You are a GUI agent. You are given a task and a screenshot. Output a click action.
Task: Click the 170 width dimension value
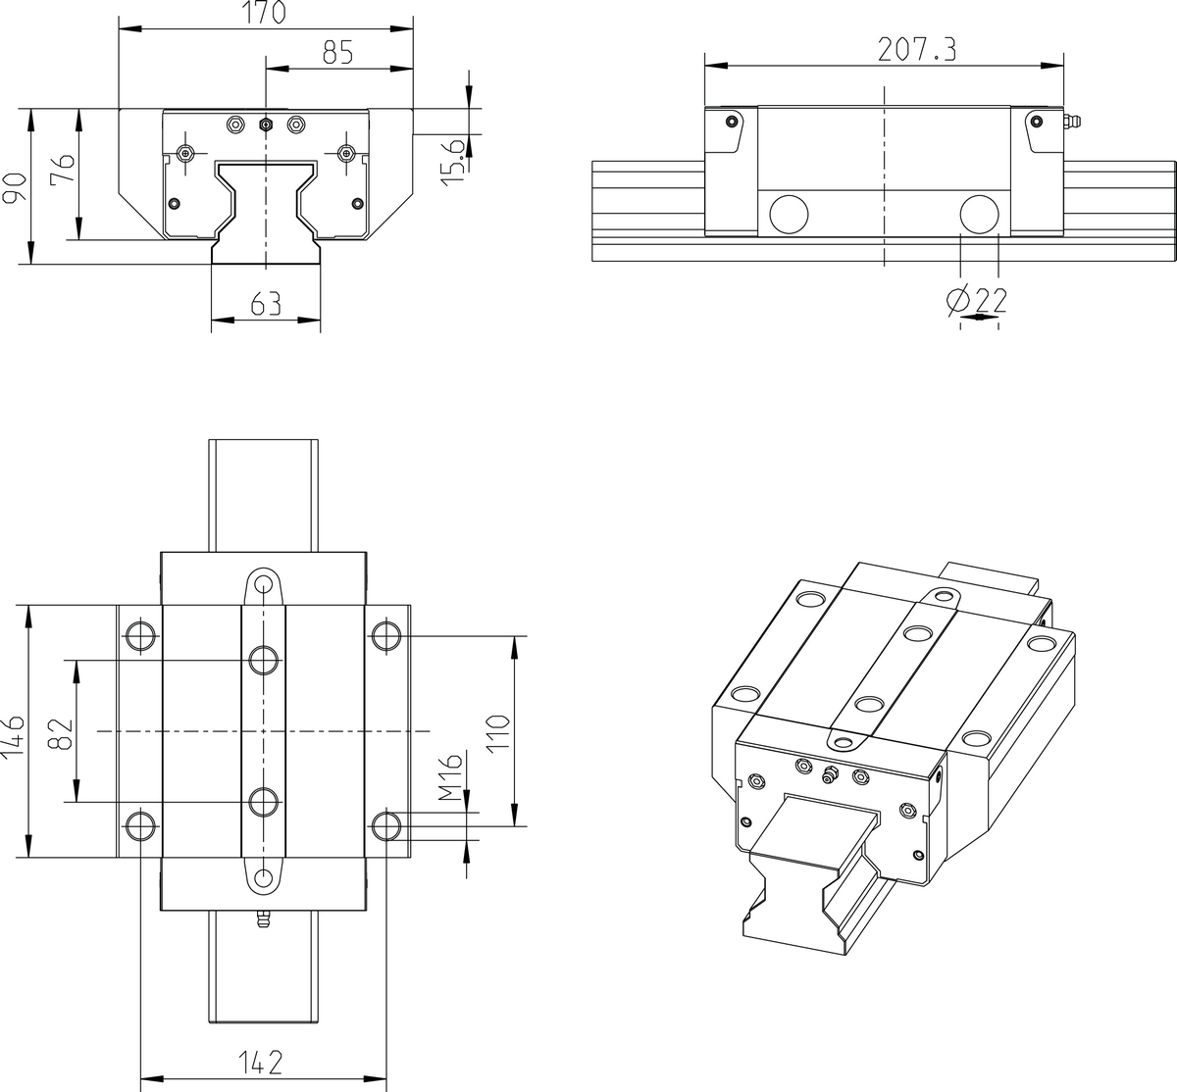265,14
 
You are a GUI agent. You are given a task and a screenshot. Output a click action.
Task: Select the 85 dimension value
337,54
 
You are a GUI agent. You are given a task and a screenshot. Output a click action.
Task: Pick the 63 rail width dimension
266,304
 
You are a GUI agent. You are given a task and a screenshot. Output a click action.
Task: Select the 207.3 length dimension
916,50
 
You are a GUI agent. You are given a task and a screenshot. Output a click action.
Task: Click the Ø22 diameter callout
978,300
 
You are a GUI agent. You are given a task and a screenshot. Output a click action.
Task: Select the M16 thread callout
450,776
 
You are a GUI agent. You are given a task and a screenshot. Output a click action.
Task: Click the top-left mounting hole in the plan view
140,636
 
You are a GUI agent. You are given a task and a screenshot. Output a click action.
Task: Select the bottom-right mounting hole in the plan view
386,825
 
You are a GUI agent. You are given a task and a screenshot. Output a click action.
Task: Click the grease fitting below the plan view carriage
262,922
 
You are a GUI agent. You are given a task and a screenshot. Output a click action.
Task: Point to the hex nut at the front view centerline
265,124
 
